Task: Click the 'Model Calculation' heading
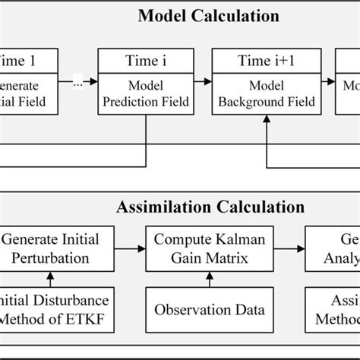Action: pyautogui.click(x=208, y=16)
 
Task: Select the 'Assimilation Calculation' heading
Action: pyautogui.click(x=210, y=207)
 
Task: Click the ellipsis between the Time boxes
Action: pyautogui.click(x=78, y=83)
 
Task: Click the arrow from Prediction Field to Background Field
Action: pyautogui.click(x=201, y=83)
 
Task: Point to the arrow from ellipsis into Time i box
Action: pyautogui.click(x=92, y=83)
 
